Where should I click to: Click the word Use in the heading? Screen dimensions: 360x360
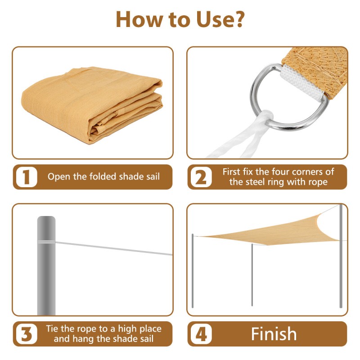[x=215, y=20]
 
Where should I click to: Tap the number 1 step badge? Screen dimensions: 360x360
[x=27, y=177]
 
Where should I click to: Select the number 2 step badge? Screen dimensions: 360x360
[x=201, y=177]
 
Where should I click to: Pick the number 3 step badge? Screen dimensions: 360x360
[x=27, y=334]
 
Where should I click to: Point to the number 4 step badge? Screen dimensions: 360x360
[x=201, y=334]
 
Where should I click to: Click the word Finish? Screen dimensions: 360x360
[x=274, y=334]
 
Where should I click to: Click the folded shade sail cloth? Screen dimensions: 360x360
[x=92, y=104]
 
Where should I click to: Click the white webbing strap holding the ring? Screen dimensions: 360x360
[x=302, y=83]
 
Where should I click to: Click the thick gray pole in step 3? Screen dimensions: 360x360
[x=46, y=265]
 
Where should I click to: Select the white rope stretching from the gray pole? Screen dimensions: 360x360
[x=114, y=248]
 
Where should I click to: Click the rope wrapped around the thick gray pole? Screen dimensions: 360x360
[x=46, y=242]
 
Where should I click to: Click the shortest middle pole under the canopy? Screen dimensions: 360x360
[x=252, y=275]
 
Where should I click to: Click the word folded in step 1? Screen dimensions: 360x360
[x=103, y=176]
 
